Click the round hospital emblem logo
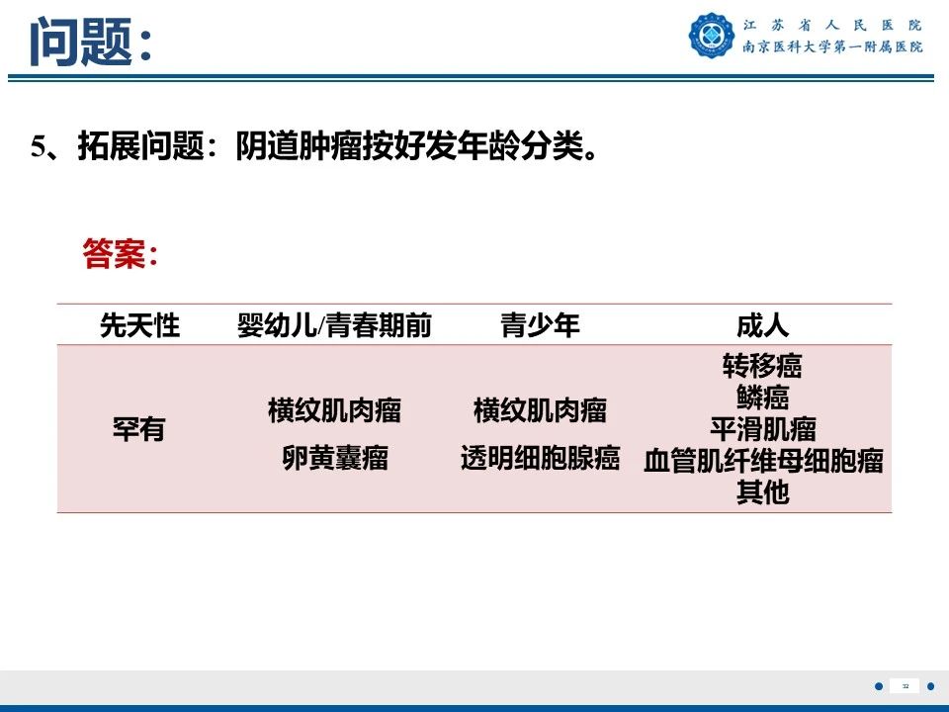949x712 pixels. tap(712, 36)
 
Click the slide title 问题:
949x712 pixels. tap(90, 42)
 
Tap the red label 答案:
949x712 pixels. tap(121, 254)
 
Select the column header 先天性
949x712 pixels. tap(139, 325)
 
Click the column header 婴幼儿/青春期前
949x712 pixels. tap(334, 325)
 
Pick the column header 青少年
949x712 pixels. tap(540, 325)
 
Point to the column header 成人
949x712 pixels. tap(762, 325)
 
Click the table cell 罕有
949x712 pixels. tap(138, 430)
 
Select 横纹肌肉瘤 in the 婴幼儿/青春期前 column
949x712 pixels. tap(334, 410)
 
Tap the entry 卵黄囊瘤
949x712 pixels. tap(334, 459)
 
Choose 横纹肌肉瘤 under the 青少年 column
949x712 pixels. tap(540, 410)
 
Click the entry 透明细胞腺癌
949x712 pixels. tap(540, 459)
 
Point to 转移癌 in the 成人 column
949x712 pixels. tap(762, 367)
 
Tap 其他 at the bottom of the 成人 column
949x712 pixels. tap(762, 492)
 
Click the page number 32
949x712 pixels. tap(905, 686)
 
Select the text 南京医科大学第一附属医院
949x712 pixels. tap(831, 46)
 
